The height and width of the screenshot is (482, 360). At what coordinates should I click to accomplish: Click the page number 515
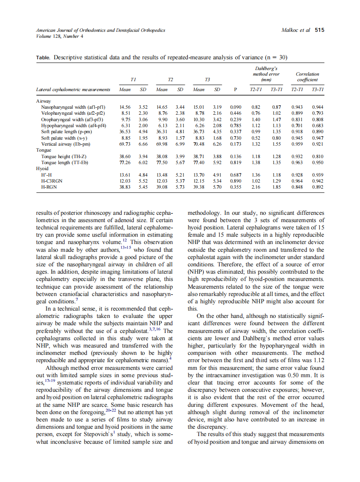319,31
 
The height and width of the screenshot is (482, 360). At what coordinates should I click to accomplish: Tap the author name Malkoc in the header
291,31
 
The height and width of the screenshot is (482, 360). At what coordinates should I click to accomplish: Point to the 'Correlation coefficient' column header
307,76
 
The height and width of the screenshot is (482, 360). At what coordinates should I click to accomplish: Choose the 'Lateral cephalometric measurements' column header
73,89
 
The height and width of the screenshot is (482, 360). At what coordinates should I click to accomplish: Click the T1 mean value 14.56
125,107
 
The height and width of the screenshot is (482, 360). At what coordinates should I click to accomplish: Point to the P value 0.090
235,107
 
